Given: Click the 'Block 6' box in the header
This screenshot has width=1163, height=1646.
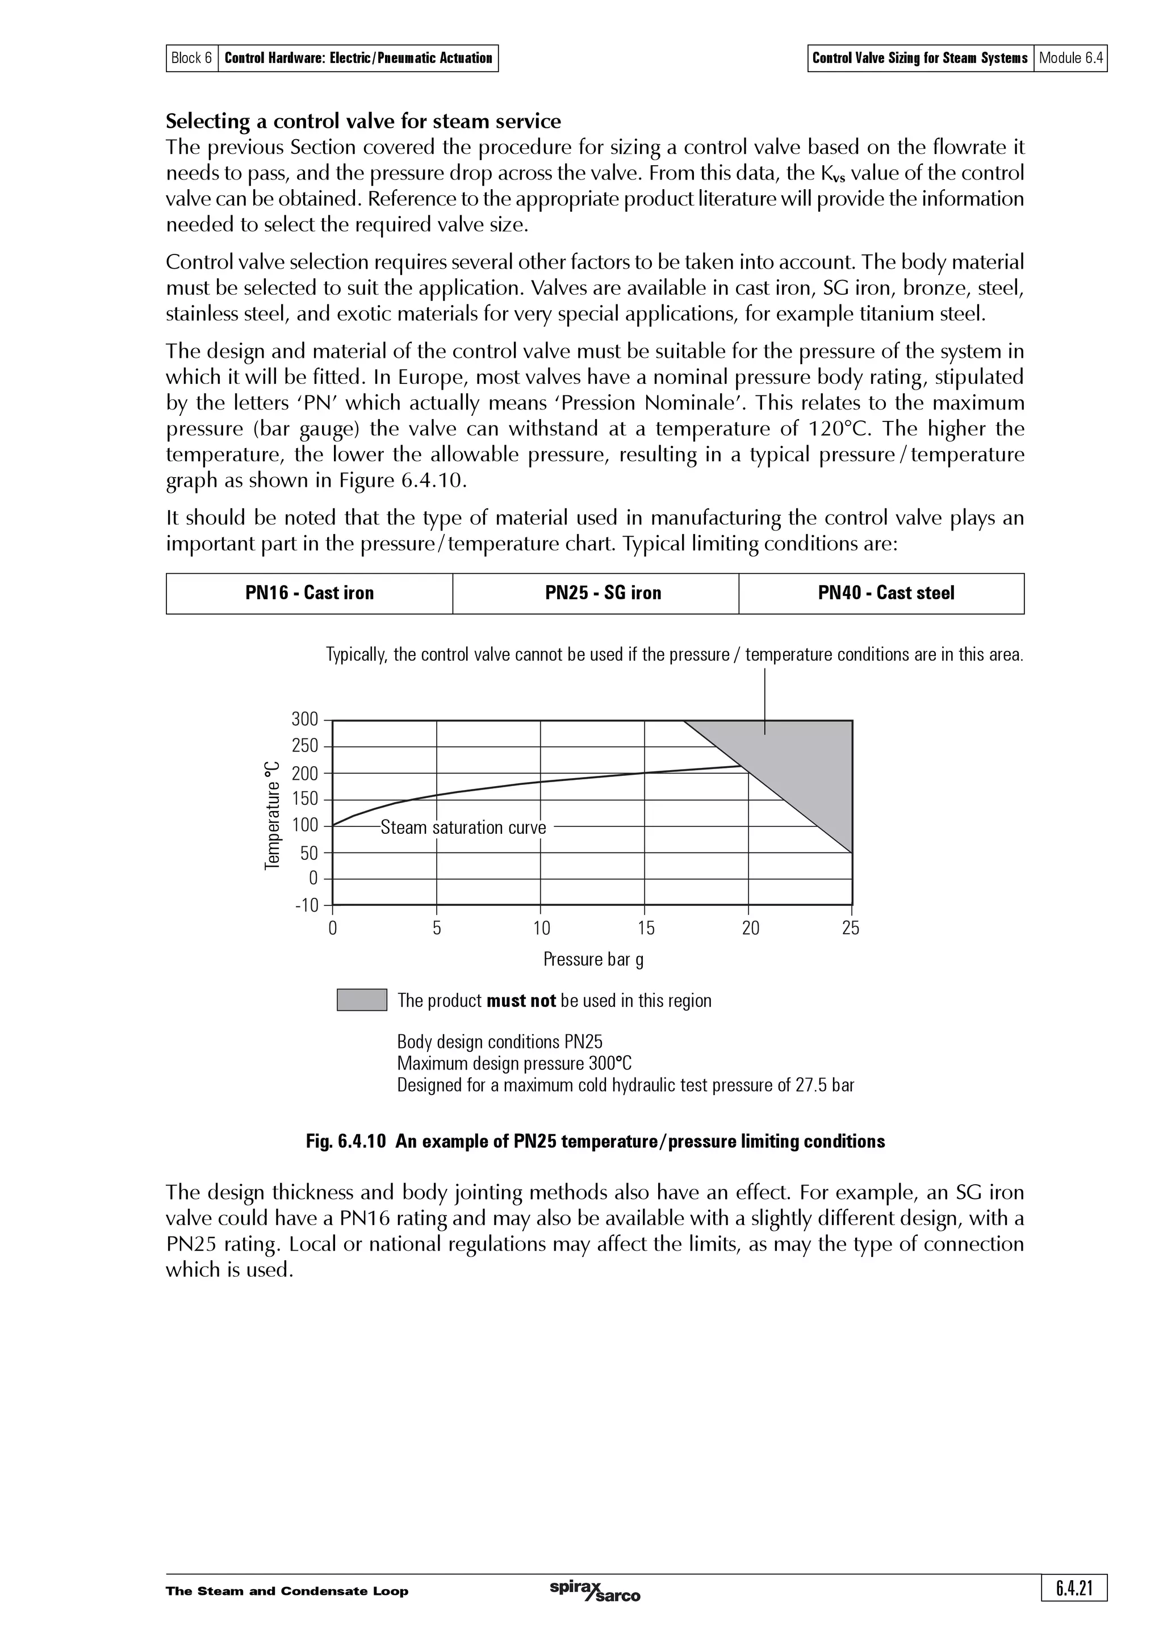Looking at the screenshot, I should click(x=192, y=58).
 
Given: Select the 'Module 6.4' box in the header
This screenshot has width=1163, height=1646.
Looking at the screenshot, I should click(x=1070, y=58).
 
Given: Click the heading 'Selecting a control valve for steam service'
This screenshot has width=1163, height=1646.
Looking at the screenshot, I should click(x=363, y=120).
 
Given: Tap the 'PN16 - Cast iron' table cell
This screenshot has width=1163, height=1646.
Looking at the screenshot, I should click(x=309, y=593).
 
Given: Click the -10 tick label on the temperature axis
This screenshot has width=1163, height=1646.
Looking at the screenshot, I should click(x=306, y=905).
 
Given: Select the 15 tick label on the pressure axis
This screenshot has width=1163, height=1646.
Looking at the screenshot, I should click(x=646, y=929).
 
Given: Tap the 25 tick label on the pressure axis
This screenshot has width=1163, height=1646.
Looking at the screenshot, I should click(x=851, y=929).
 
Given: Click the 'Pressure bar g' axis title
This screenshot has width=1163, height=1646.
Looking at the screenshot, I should click(x=593, y=959).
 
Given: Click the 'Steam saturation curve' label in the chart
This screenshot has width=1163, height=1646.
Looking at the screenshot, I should click(x=463, y=828).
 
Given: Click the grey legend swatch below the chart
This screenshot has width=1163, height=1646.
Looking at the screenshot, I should click(x=362, y=1000).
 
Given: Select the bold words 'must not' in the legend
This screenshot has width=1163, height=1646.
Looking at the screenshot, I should click(x=521, y=1001).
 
